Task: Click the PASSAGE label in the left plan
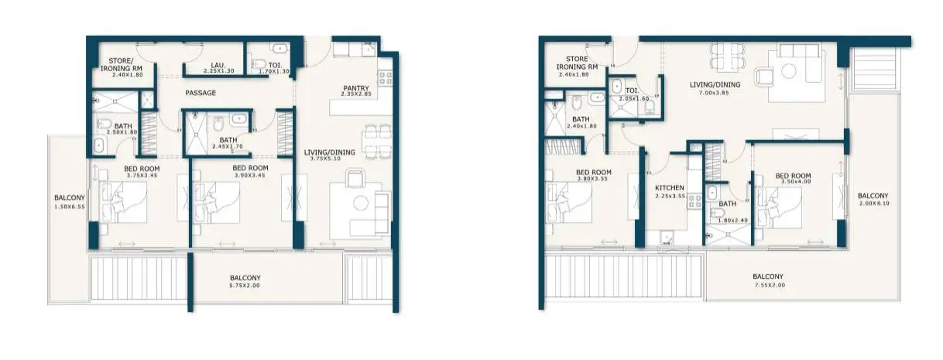point(201,93)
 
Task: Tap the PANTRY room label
point(356,88)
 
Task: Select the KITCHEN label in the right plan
point(670,188)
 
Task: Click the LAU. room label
point(218,65)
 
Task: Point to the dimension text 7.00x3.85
point(715,93)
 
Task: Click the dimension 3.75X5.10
point(325,159)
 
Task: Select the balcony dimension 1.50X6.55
point(70,207)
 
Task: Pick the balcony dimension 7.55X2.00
point(770,285)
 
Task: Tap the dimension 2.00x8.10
point(874,203)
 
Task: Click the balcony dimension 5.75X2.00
point(245,286)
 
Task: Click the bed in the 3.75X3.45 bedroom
point(123,202)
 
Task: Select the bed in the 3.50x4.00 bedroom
point(779,207)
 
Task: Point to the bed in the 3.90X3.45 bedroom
point(216,202)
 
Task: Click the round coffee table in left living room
point(361,203)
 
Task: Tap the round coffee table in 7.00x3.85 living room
point(788,71)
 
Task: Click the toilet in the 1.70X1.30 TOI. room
point(259,64)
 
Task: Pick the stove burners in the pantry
point(385,78)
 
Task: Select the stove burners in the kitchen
point(694,201)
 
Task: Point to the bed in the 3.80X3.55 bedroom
point(569,202)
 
